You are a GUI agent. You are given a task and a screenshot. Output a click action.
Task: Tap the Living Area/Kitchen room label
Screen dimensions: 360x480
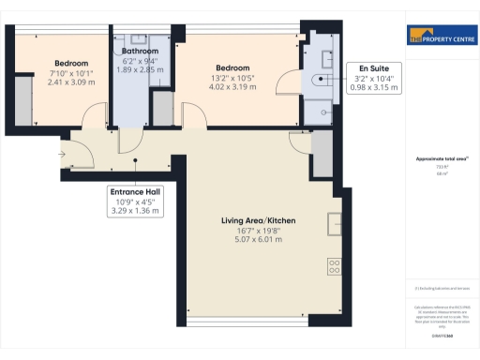pyautogui.click(x=259, y=221)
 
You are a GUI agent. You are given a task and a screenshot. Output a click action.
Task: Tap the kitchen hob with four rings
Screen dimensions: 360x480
pyautogui.click(x=334, y=266)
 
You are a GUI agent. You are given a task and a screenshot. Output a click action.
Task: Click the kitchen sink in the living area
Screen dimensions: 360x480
pyautogui.click(x=335, y=224)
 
